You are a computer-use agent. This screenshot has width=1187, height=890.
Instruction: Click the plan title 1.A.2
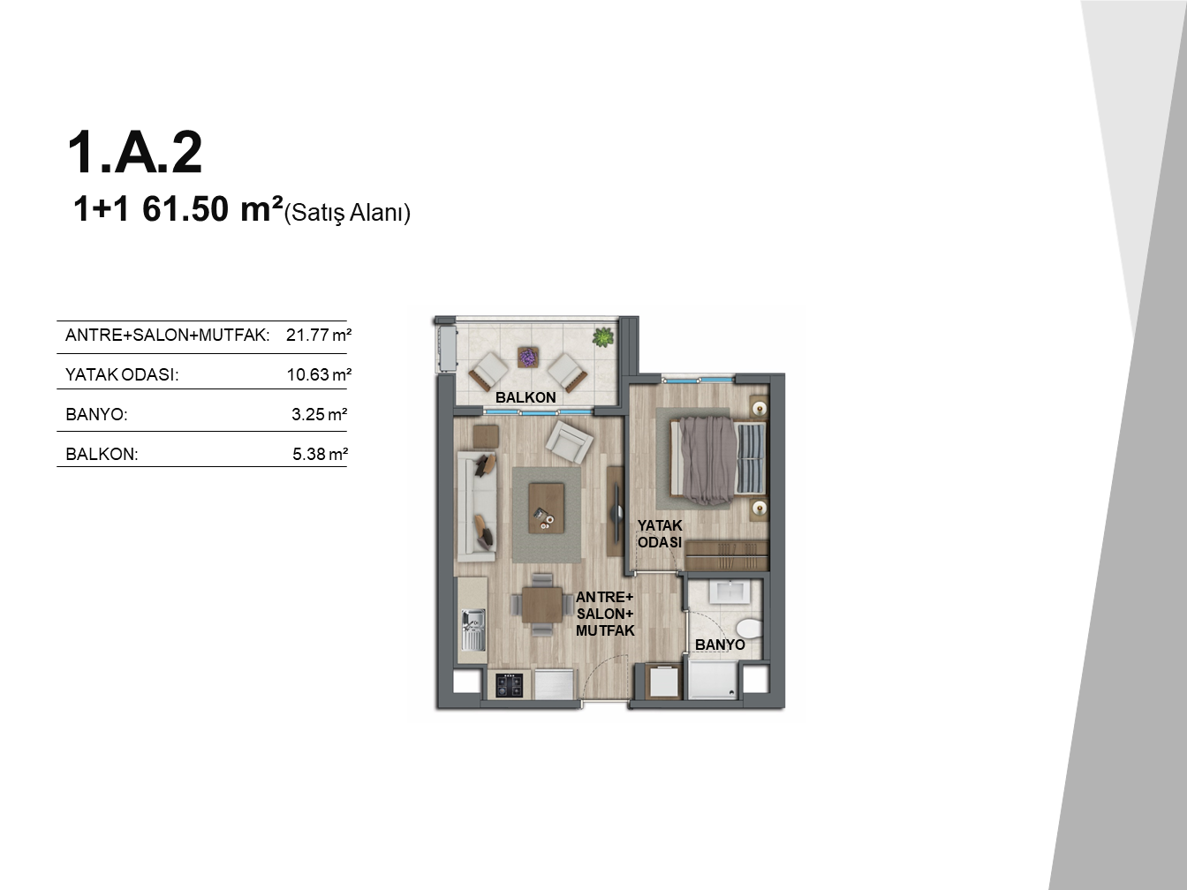click(135, 153)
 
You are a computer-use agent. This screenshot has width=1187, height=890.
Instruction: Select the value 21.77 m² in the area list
click(319, 335)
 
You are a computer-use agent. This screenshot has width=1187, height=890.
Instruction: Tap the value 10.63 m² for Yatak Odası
click(319, 374)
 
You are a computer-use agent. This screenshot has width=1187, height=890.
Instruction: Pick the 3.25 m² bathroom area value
click(319, 414)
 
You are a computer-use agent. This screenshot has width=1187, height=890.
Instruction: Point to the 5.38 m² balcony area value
click(320, 454)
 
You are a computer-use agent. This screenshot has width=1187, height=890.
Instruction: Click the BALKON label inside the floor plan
click(525, 397)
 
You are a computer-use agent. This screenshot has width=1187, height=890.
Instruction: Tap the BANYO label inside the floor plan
click(720, 645)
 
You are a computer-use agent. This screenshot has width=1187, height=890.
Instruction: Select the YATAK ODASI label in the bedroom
click(660, 533)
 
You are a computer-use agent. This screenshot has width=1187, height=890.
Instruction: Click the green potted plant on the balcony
click(602, 338)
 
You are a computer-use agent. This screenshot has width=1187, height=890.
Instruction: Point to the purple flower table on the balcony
click(527, 358)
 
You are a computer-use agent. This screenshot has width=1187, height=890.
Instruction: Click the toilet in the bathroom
click(749, 629)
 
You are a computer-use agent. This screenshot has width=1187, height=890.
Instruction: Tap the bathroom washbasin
click(730, 592)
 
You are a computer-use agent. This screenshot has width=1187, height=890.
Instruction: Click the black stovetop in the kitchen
click(510, 685)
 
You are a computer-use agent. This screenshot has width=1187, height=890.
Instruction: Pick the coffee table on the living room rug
click(546, 508)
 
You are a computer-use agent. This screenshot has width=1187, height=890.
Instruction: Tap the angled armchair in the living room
click(570, 442)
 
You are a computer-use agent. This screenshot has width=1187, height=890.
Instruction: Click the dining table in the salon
click(541, 605)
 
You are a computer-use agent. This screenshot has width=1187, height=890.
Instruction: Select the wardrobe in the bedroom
click(726, 555)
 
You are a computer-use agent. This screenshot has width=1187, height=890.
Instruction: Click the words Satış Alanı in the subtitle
click(347, 213)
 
